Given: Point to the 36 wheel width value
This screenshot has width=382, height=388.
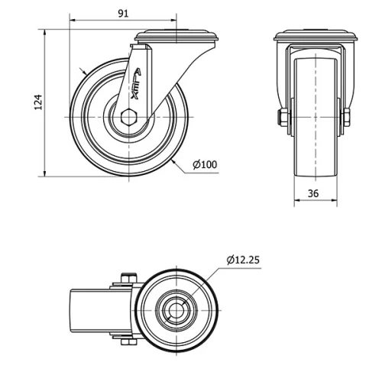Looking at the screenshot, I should point(314,193).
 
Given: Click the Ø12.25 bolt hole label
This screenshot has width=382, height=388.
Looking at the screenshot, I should point(243,260).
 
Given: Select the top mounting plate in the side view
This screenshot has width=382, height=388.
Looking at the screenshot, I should point(176,37).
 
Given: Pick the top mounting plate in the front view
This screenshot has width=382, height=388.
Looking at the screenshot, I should point(315,37).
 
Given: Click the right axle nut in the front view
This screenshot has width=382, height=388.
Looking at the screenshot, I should point(346,117).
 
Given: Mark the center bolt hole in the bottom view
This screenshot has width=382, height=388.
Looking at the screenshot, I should point(177,309).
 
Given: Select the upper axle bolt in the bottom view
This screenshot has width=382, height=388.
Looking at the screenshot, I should point(126,280).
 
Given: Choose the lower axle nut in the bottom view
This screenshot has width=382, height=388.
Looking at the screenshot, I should point(126,340).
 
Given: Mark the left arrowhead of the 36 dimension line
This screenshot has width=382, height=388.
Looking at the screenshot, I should point(296,203).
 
